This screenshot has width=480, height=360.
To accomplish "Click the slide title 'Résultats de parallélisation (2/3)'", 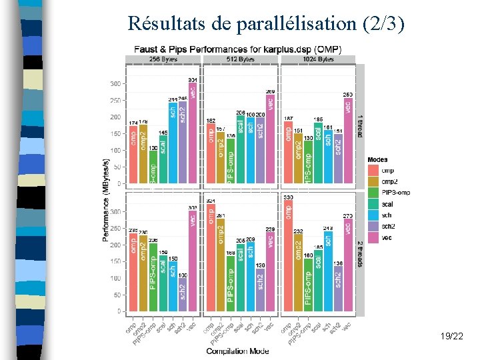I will [x=266, y=24].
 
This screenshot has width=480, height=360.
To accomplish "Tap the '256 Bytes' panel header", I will [x=163, y=59].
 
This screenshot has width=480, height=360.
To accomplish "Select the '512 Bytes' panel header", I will [x=241, y=59].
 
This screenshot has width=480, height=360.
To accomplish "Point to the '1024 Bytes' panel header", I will [x=318, y=59].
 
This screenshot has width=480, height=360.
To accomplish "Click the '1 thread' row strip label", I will [x=360, y=123].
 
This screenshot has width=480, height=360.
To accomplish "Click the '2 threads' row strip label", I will [x=360, y=253].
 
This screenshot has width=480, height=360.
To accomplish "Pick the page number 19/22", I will [x=452, y=338].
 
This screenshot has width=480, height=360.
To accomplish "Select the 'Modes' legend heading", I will [x=377, y=159].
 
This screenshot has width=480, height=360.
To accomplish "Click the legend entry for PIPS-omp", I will [x=395, y=193].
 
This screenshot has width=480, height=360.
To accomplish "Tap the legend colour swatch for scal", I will [x=373, y=204].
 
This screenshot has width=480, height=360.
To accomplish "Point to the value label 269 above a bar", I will [x=270, y=91].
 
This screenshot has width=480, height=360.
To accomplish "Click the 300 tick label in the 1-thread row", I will [x=115, y=84].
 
